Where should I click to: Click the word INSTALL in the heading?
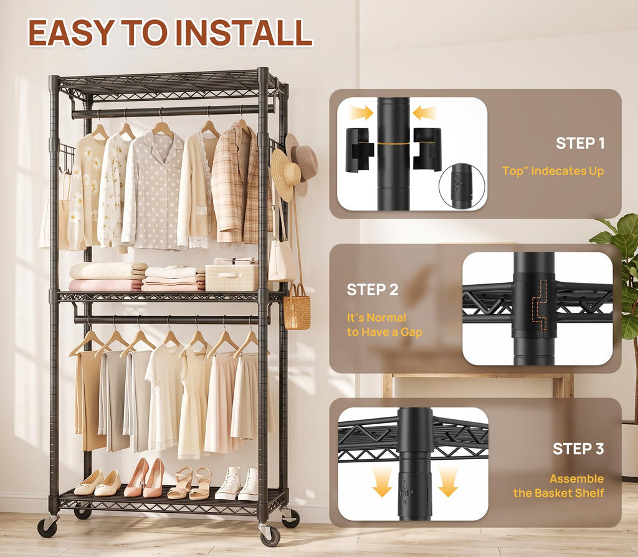244,32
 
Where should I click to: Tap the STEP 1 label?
580,143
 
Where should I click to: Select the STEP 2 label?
373,290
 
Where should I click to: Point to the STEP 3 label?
578,449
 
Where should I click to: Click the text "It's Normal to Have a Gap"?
384,325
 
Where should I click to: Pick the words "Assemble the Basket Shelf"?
559,486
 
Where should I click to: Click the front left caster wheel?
47,527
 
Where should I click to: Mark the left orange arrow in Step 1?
361,112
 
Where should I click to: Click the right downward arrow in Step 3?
448,482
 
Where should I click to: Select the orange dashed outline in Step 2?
539,304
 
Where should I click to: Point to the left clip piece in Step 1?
359,150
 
